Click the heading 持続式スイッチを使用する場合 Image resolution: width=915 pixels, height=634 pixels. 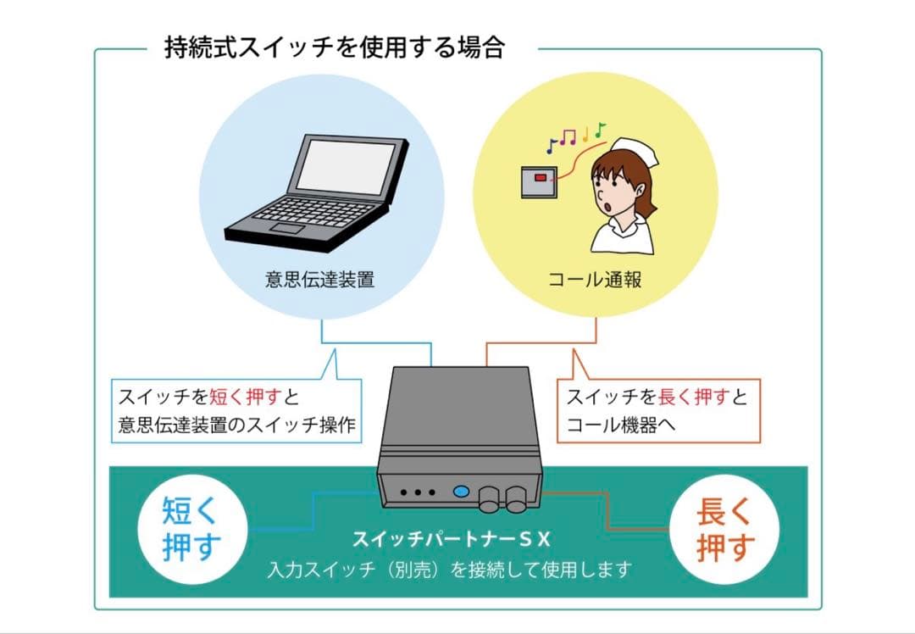pos(335,47)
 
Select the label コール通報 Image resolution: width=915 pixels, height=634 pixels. pos(595,281)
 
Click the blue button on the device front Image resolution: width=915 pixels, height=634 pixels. pos(462,491)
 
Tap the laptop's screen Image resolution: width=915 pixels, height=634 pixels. pos(343,165)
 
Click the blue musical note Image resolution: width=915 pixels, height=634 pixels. pos(551,145)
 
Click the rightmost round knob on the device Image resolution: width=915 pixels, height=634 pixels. pos(517,499)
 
